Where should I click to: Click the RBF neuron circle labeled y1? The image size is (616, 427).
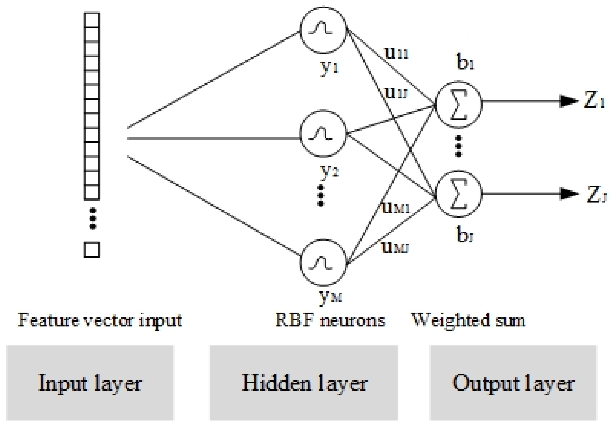coord(323,30)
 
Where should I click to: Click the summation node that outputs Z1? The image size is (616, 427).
coord(459,104)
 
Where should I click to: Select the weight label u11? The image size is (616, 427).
coord(396,53)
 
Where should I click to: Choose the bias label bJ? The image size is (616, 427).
coord(465,235)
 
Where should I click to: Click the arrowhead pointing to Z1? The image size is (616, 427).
coord(568,101)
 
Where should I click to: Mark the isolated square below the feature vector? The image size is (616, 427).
coord(92,250)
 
